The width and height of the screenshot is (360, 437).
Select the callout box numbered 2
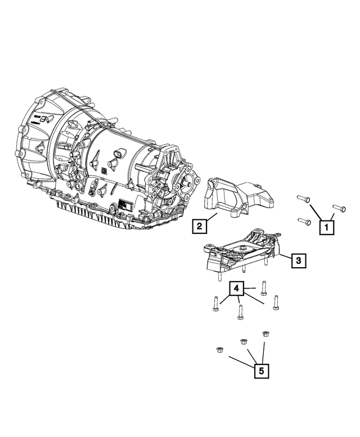coord(199,227)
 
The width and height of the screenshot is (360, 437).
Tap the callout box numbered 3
coord(298,260)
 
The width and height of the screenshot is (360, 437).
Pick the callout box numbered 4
coord(237,289)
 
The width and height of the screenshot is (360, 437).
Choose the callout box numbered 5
coord(260,371)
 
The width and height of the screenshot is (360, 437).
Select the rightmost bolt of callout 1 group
coord(338,209)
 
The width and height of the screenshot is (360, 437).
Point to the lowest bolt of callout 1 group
coord(303,221)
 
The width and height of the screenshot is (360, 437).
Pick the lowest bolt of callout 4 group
coord(240,312)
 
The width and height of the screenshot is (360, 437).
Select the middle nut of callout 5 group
coord(244,341)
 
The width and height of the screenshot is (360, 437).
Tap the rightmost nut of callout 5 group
coord(265,334)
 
